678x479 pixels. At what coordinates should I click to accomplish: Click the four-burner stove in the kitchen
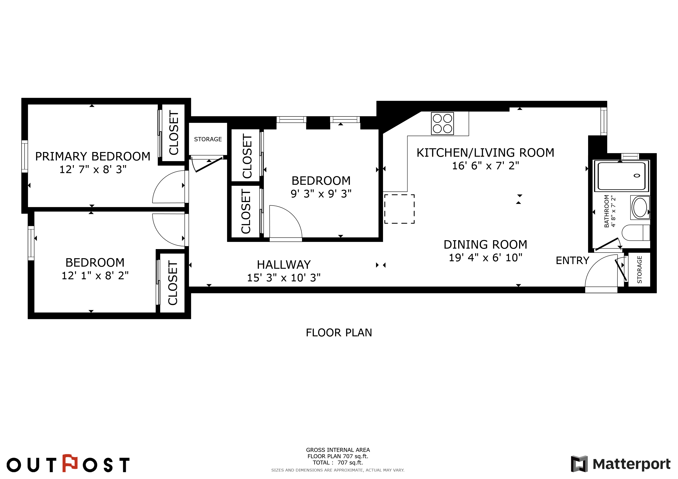442,123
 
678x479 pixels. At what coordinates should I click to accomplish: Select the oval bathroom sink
640,207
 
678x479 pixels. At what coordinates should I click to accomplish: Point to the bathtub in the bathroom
621,176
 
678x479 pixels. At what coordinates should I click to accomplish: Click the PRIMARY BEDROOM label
93,156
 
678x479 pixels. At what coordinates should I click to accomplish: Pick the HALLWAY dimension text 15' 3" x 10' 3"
284,278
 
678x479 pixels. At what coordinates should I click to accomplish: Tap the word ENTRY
572,261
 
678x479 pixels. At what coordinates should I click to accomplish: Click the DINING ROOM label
485,244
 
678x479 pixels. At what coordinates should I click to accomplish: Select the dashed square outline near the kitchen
399,209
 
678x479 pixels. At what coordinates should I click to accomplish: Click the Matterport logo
620,464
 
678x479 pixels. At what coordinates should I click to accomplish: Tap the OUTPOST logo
68,464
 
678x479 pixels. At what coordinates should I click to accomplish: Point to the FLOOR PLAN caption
339,333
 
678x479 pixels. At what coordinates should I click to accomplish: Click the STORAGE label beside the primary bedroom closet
208,139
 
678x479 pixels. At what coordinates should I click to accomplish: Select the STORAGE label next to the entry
639,270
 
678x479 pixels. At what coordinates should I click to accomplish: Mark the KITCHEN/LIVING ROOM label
485,153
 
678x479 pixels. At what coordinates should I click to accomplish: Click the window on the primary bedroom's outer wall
25,156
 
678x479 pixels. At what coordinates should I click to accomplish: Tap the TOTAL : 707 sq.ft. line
338,462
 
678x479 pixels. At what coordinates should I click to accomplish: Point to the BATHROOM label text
607,211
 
